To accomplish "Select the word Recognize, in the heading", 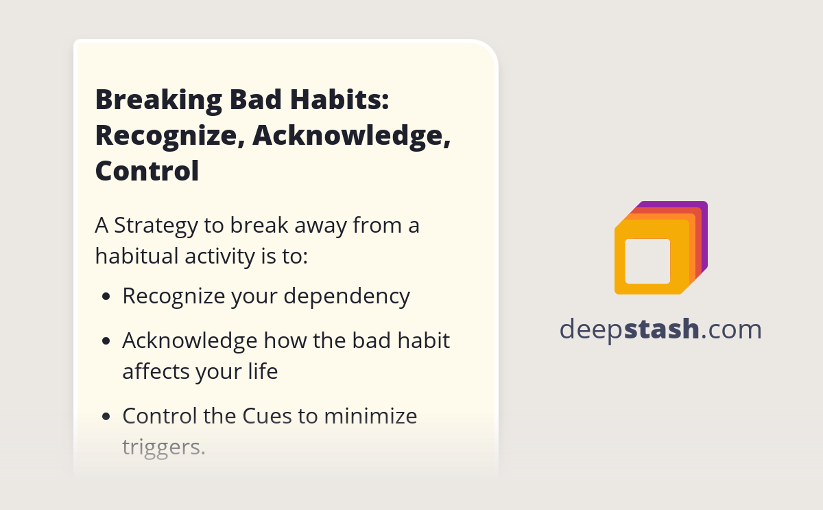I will click(168, 135).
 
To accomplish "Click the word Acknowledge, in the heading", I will click(352, 135).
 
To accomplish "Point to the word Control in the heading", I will click(147, 171).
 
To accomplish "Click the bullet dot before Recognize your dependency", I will click(106, 298).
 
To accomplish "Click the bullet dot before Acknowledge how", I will click(106, 341).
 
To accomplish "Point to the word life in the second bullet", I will click(264, 371).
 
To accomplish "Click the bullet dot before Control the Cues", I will click(106, 417).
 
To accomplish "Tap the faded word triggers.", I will click(163, 448).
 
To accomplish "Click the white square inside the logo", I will click(647, 261).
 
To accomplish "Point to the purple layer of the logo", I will click(703, 233).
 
